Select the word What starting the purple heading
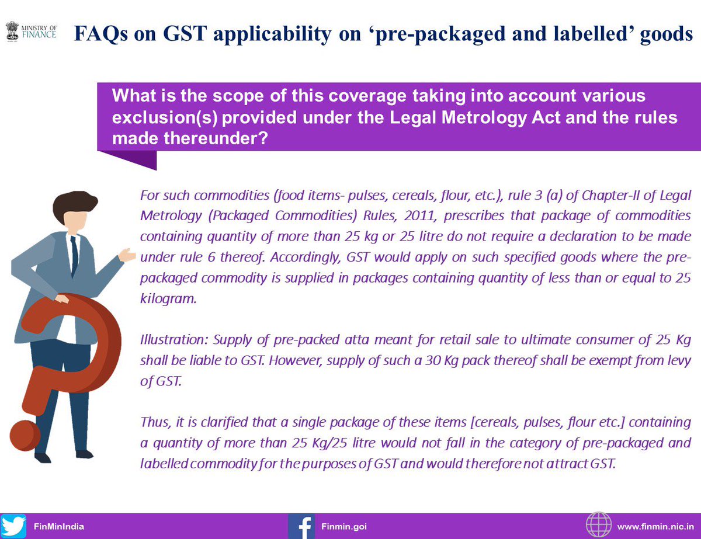[134, 95]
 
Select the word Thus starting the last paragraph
[152, 422]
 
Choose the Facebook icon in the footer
[302, 526]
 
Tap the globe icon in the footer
[598, 526]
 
